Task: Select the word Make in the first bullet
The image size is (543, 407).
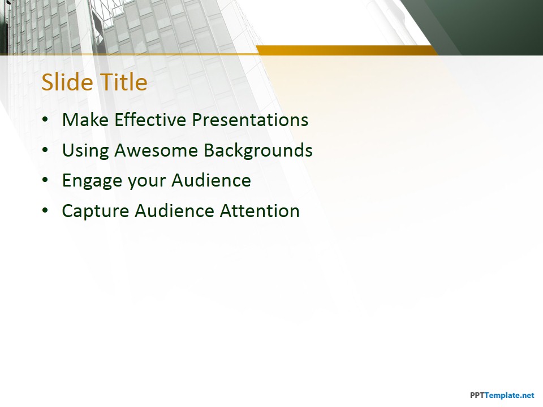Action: [x=85, y=120]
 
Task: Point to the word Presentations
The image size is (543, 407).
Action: [x=250, y=120]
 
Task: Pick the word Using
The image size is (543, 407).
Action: [x=85, y=151]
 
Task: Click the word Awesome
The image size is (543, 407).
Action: [x=156, y=150]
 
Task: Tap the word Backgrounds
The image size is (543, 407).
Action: [x=258, y=150]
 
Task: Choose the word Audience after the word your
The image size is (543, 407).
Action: [x=211, y=180]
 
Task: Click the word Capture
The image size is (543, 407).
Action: [x=96, y=211]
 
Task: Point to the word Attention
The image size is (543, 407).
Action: [x=260, y=211]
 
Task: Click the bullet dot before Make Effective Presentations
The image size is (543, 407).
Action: [x=45, y=120]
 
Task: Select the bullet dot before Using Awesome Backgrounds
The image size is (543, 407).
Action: [x=45, y=150]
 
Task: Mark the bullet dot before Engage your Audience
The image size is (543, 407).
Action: [x=45, y=181]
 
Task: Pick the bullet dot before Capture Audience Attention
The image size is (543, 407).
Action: [x=45, y=211]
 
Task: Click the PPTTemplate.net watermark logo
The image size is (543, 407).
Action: [x=502, y=395]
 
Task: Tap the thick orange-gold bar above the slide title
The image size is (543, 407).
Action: [x=346, y=50]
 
